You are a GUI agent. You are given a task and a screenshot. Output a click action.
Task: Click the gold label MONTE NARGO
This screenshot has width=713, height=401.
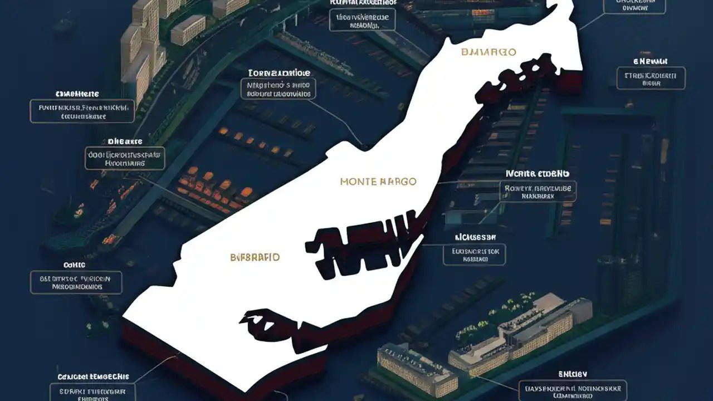click(x=378, y=182)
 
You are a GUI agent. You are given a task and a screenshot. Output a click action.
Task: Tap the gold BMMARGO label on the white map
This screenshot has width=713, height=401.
click(x=489, y=52)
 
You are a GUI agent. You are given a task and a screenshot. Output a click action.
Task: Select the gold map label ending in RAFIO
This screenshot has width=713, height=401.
click(x=255, y=257)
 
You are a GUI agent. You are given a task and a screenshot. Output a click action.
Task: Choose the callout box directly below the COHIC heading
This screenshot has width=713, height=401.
click(x=76, y=282)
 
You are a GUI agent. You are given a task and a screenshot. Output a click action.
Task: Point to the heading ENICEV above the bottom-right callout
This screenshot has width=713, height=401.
click(x=573, y=374)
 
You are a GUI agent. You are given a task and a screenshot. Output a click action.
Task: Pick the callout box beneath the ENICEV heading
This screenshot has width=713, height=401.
click(x=573, y=391)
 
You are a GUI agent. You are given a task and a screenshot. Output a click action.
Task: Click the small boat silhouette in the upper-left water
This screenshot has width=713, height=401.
click(x=63, y=25)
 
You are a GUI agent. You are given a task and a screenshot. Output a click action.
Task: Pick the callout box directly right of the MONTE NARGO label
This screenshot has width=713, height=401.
click(x=538, y=191)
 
